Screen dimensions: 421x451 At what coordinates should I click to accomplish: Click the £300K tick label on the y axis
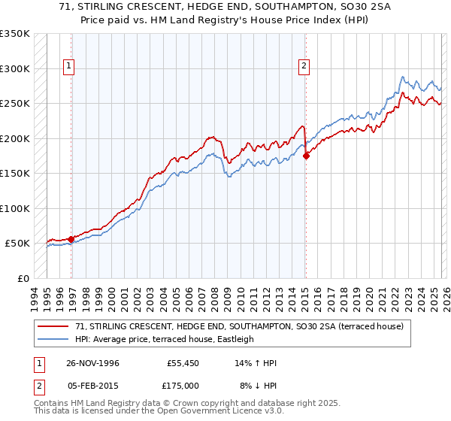(15, 68)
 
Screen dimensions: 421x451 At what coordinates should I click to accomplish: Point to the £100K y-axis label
(15, 208)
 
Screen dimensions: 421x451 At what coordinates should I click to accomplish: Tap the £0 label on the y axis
(23, 278)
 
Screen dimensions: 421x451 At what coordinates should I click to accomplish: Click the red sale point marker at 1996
(71, 239)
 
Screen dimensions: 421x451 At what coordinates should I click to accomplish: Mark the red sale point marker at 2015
(306, 156)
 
